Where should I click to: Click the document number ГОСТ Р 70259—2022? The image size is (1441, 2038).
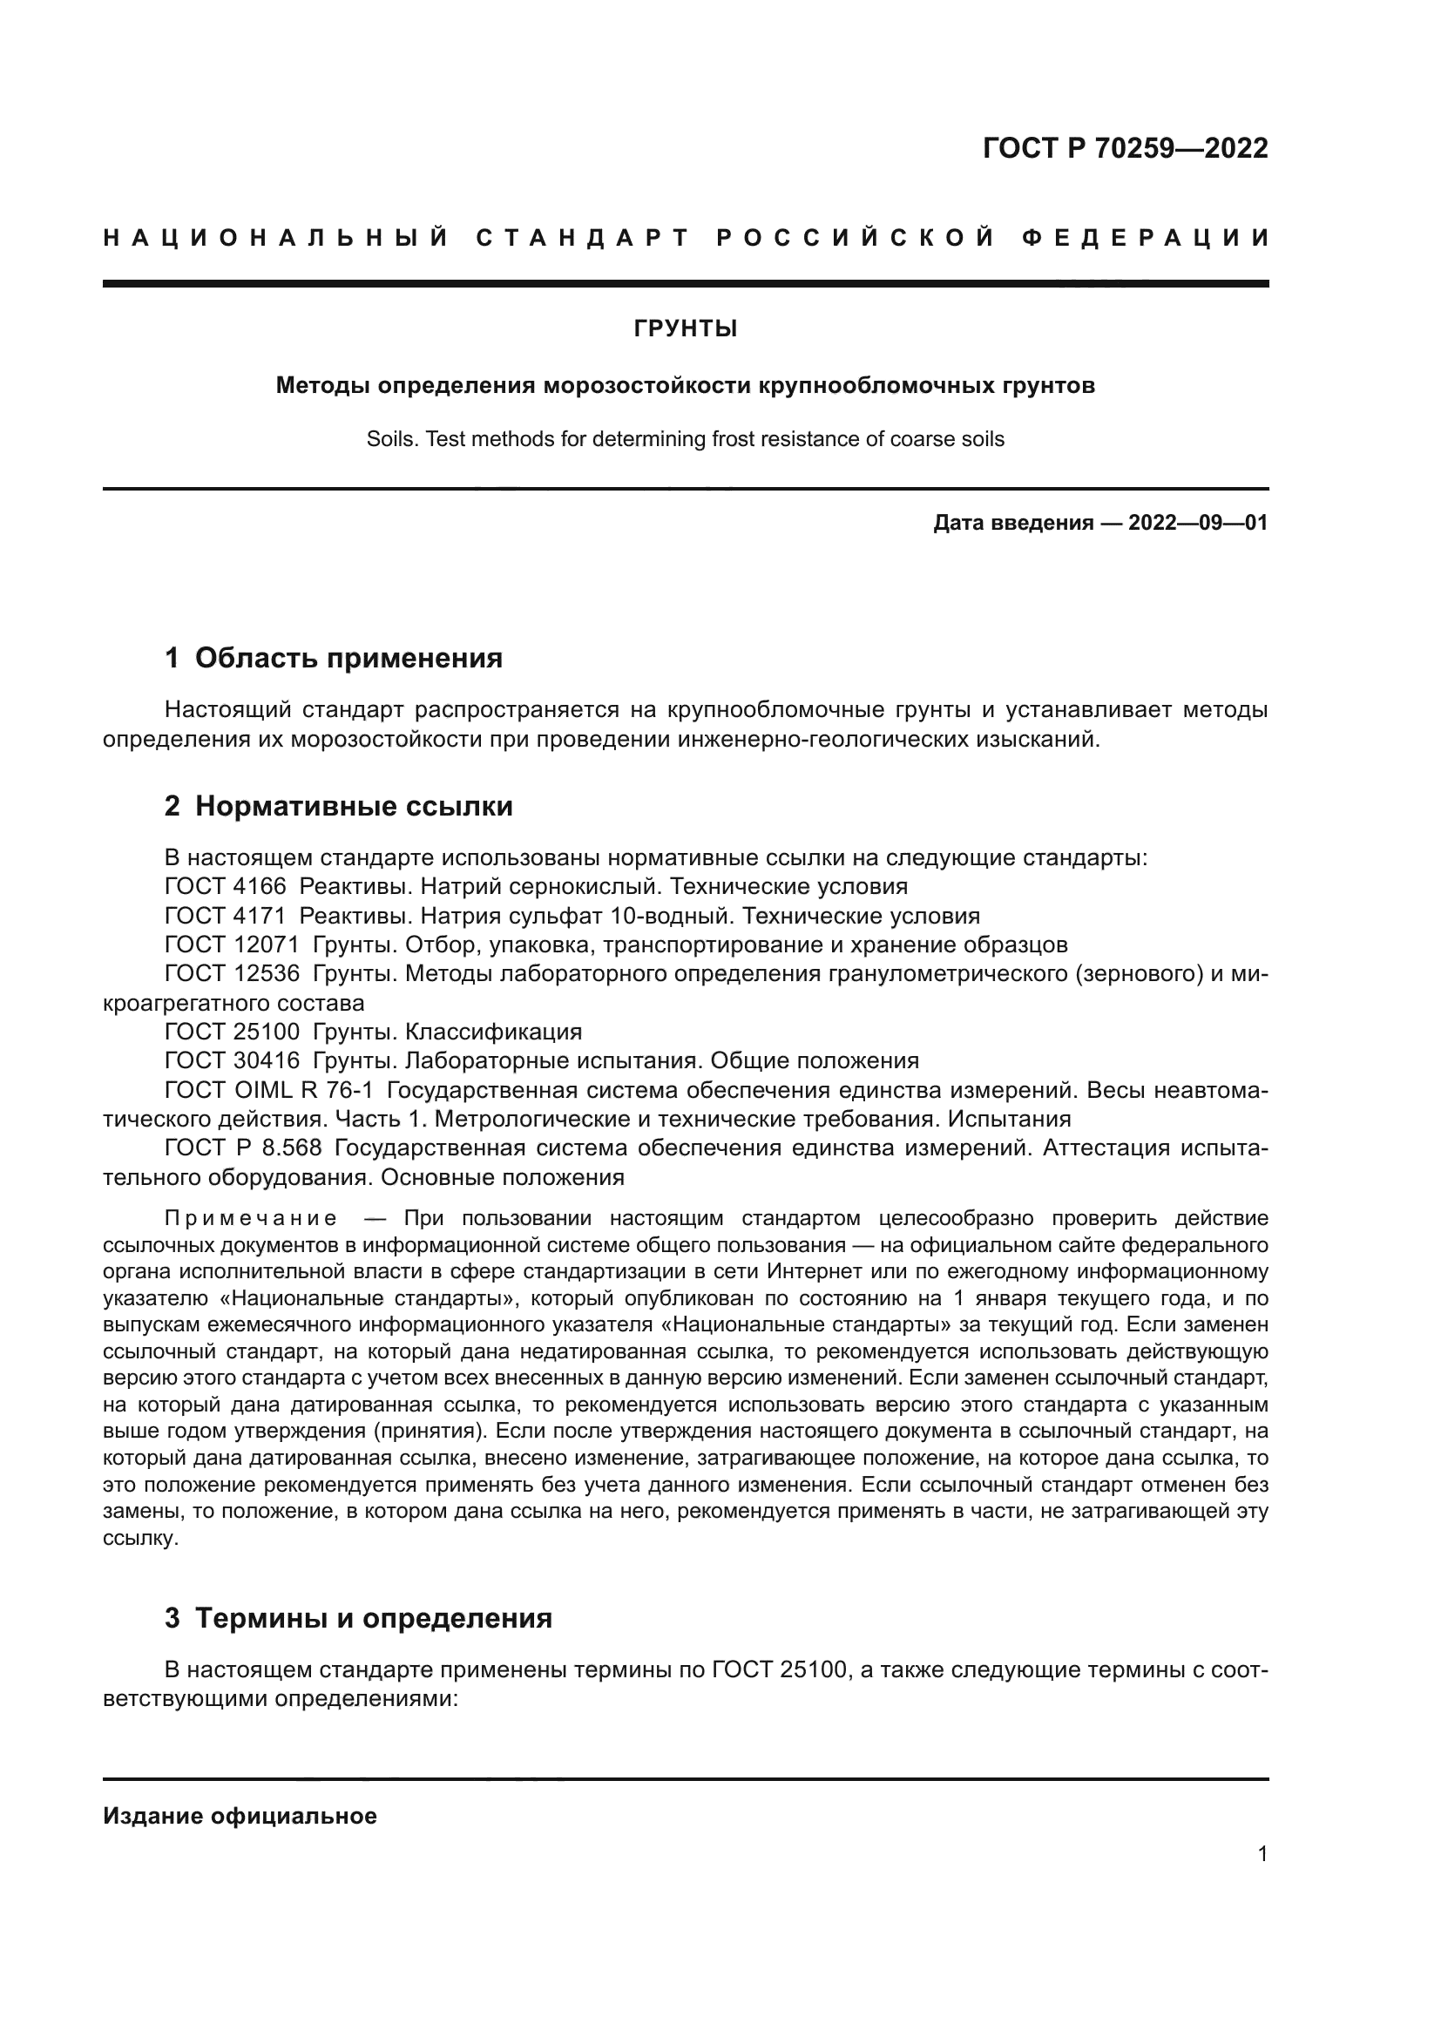tap(1125, 148)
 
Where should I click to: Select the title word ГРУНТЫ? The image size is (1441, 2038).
tap(685, 329)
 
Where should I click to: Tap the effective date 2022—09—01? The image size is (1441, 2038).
tap(1197, 523)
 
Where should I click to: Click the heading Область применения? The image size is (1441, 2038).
tap(348, 658)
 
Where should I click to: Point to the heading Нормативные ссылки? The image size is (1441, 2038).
tap(354, 806)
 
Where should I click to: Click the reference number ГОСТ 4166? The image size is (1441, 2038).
tap(226, 886)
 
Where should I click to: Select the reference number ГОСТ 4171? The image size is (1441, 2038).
tap(226, 915)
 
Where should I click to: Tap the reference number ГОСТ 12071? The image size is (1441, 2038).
tap(232, 945)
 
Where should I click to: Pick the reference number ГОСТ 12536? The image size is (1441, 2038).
tap(232, 974)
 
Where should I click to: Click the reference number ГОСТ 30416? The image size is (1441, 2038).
tap(232, 1060)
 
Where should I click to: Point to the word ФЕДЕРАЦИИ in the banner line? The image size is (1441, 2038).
tap(1146, 238)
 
